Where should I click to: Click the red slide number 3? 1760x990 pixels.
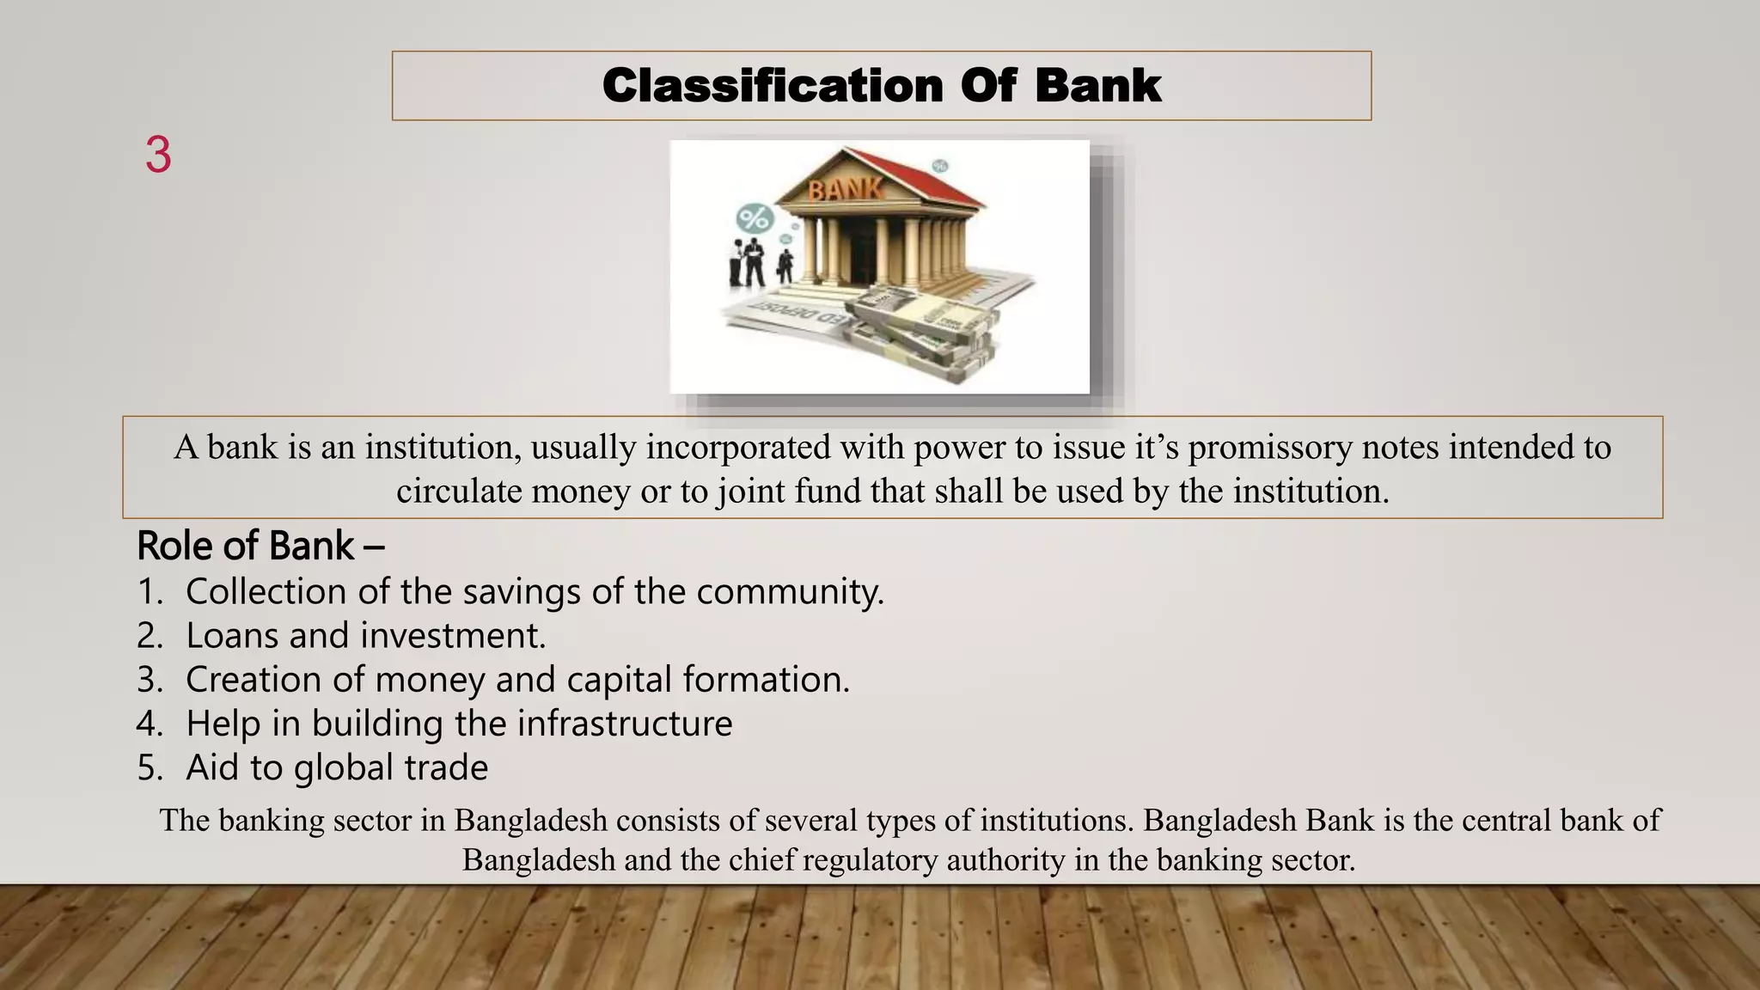pyautogui.click(x=158, y=156)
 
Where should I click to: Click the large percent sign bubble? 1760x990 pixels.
pyautogui.click(x=755, y=218)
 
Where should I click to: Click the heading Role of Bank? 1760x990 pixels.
pyautogui.click(x=260, y=547)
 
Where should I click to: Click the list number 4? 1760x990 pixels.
pyautogui.click(x=149, y=724)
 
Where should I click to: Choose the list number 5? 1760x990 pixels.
pyautogui.click(x=149, y=768)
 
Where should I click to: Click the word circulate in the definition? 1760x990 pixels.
pyautogui.click(x=458, y=491)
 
